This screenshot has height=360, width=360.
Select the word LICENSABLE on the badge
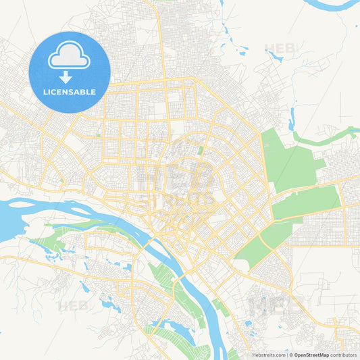click(x=70, y=92)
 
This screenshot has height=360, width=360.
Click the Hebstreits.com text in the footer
click(x=268, y=355)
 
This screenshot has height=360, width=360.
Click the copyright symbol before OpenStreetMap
click(x=290, y=355)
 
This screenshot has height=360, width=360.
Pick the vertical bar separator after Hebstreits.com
click(x=286, y=355)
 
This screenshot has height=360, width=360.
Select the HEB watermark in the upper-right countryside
click(x=280, y=49)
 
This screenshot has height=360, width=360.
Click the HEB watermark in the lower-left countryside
click(x=73, y=306)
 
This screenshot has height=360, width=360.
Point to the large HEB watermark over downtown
click(x=177, y=177)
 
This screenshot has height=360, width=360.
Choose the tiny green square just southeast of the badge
click(x=98, y=134)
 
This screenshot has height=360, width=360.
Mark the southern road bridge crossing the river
click(x=177, y=282)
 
